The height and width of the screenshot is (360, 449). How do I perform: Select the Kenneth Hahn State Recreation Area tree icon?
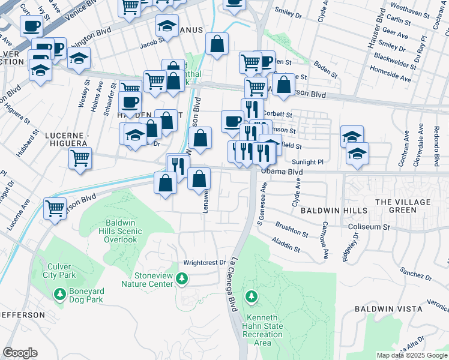251,296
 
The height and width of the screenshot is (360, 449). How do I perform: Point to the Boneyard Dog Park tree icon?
59,294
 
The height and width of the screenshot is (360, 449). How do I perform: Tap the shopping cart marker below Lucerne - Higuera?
79,159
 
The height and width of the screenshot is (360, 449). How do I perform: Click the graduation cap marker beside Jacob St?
167,26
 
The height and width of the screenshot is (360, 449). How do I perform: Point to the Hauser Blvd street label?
380,26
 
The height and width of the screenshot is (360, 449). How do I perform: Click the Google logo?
20,353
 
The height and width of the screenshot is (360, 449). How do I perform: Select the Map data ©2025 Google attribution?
411,355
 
